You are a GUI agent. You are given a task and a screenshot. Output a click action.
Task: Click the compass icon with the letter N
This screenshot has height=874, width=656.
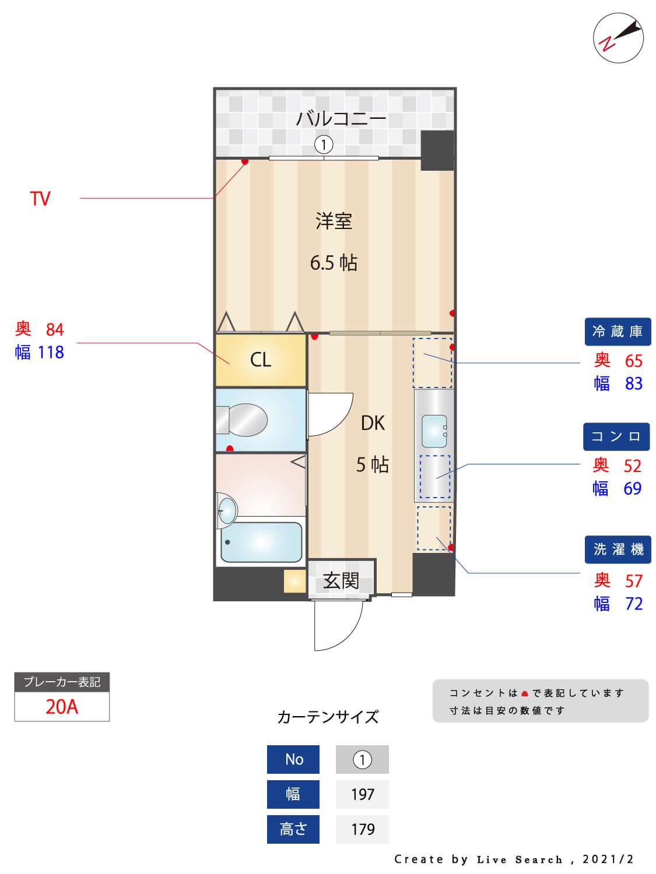(618, 38)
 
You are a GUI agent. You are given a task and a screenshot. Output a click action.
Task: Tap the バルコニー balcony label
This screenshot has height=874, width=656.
(341, 119)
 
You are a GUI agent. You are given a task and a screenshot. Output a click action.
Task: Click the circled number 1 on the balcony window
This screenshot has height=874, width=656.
(324, 143)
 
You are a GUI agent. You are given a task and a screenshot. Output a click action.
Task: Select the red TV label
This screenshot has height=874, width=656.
(40, 199)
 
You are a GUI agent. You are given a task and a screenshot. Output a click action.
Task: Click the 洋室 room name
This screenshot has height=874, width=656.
(334, 221)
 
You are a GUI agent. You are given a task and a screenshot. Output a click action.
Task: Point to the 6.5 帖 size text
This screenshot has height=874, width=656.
(334, 263)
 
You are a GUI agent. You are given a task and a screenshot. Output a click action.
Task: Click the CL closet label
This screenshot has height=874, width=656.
(261, 360)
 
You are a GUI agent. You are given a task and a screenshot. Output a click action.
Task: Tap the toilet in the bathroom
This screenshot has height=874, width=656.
(242, 420)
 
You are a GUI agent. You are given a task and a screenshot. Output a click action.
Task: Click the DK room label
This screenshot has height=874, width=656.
(373, 423)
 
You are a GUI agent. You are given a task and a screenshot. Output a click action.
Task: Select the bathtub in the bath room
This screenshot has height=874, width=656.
(261, 542)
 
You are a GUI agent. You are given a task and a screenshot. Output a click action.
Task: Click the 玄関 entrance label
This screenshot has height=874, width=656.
(341, 580)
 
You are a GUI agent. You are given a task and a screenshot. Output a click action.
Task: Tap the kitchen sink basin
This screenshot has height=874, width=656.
(434, 431)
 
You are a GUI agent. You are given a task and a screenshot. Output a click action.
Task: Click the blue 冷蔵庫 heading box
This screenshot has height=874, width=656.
(618, 332)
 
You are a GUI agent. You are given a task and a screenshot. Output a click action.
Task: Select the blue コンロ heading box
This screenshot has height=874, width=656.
(616, 436)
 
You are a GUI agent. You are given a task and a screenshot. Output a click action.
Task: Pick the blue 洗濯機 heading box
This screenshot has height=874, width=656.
(618, 549)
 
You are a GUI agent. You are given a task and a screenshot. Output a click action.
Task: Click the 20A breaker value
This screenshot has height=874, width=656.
(62, 706)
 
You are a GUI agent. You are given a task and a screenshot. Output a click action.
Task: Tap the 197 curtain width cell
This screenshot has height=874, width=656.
(362, 794)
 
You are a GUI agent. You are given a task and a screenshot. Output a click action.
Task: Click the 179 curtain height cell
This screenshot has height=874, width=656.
(362, 829)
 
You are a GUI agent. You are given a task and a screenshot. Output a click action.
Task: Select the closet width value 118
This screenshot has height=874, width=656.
(51, 353)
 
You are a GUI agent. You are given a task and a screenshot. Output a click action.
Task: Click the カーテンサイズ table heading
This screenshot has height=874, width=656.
(328, 717)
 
